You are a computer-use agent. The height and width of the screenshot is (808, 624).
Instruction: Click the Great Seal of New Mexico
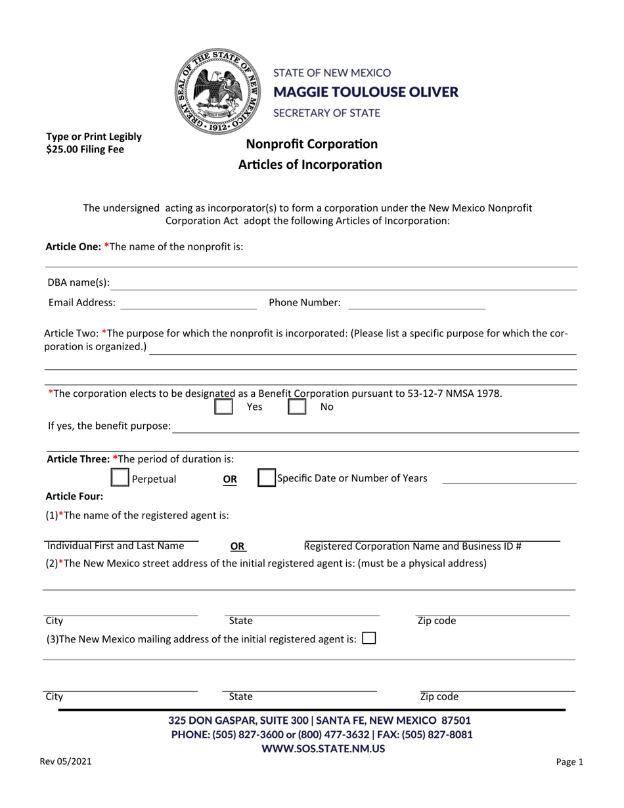coord(217,91)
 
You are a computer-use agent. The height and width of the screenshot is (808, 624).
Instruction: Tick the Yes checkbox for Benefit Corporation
coord(224,407)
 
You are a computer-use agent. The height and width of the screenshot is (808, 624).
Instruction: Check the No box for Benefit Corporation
coord(298,407)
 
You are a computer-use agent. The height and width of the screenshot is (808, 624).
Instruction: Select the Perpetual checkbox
coord(120,478)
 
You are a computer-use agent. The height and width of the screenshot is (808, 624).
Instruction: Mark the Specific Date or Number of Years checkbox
coord(265,478)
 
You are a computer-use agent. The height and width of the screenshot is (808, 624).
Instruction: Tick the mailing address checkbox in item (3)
coord(369,638)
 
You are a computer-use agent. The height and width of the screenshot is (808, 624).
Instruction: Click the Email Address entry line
coord(189,303)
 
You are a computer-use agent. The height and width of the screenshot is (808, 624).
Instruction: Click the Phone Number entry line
coord(416,303)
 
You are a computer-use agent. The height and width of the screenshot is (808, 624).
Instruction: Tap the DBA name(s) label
coord(79,283)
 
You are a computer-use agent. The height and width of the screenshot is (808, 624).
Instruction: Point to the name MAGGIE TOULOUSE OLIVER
coord(365,92)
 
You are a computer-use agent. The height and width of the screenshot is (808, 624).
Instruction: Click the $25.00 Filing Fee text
coord(85,149)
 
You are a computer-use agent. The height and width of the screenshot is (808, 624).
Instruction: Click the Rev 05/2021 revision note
coord(66,762)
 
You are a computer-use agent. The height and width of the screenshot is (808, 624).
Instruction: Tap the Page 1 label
coord(569,763)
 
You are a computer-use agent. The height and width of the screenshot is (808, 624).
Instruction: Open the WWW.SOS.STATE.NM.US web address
coord(323,748)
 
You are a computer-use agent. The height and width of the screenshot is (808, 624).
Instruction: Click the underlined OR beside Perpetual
coord(230,480)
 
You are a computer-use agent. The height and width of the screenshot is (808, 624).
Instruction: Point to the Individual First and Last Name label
coord(116,546)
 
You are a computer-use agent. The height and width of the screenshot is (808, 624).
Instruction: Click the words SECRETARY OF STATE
coord(326,113)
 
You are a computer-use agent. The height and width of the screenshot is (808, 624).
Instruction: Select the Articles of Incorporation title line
coord(310,164)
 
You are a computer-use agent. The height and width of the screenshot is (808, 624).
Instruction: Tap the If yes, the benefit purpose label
coord(109,426)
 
